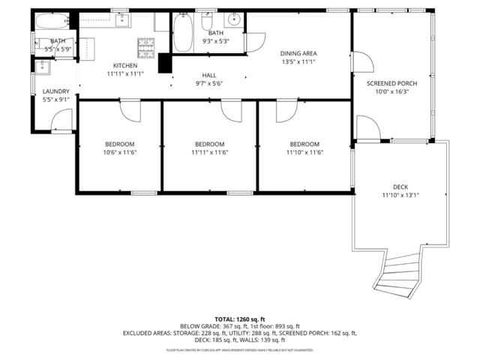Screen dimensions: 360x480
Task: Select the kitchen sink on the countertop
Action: pyautogui.click(x=121, y=20)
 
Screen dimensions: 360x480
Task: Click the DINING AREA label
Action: pyautogui.click(x=298, y=53)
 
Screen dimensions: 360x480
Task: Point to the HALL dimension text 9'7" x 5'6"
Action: pyautogui.click(x=209, y=84)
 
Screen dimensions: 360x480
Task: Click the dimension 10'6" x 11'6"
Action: pyautogui.click(x=120, y=152)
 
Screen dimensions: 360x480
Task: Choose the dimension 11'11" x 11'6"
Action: pyautogui.click(x=209, y=152)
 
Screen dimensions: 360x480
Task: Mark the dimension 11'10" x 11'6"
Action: pyautogui.click(x=304, y=152)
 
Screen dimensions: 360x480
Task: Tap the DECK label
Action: pyautogui.click(x=400, y=187)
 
